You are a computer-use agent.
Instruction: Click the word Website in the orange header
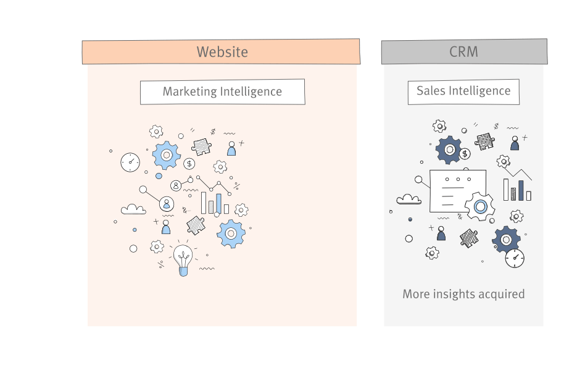[222, 52]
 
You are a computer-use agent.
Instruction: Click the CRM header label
[463, 52]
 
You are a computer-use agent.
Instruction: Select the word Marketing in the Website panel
[190, 92]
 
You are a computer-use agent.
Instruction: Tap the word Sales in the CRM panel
[431, 91]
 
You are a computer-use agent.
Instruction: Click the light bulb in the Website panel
[183, 259]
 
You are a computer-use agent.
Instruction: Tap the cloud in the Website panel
[133, 209]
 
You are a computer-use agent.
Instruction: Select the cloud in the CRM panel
[408, 198]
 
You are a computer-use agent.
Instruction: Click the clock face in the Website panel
[130, 162]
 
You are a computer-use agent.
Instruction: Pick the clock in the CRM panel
[515, 258]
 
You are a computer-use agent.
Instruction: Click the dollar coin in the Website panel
[189, 164]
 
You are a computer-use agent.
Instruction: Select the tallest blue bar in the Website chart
[218, 203]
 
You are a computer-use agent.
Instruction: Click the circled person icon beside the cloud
[166, 203]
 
